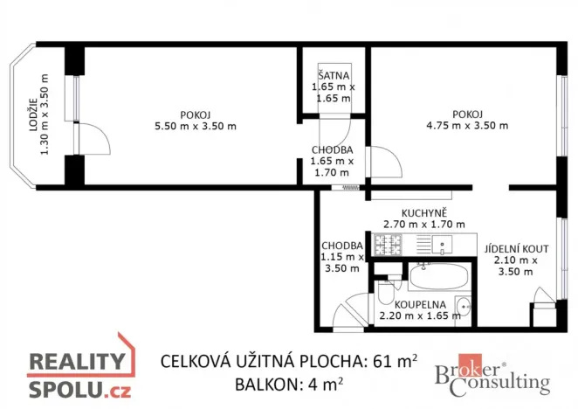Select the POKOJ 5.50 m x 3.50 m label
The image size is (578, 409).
pos(194,120)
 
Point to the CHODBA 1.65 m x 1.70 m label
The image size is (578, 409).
pos(333,161)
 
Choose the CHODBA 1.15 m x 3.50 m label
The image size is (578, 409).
pos(341,257)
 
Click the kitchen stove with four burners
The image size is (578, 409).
pos(386,245)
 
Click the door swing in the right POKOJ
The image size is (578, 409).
pos(384,163)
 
